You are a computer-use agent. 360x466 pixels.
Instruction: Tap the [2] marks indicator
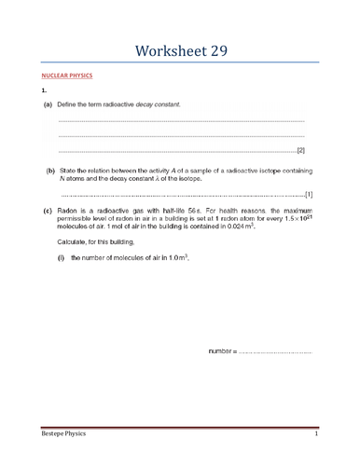(300, 150)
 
